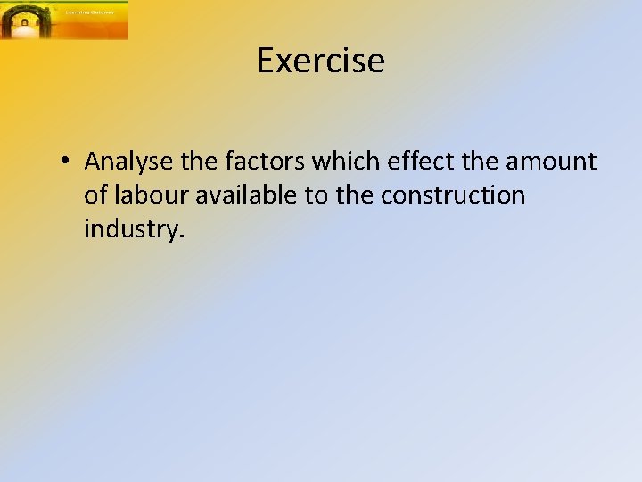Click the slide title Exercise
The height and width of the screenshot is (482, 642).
tap(321, 61)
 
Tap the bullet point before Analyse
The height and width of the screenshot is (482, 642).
tap(66, 162)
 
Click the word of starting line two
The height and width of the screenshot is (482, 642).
tap(95, 195)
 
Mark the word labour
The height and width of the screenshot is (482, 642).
tap(149, 195)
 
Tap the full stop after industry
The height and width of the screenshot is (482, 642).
tap(183, 236)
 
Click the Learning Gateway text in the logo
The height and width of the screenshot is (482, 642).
tap(90, 12)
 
